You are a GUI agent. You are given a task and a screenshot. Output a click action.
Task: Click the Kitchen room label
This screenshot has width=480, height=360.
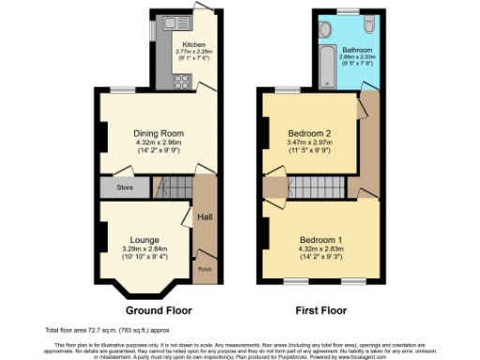[x=194, y=44]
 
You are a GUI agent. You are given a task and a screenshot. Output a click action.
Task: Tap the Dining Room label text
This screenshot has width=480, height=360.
[x=157, y=133]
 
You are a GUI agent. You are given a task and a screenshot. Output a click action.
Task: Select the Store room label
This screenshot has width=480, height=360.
[x=126, y=187]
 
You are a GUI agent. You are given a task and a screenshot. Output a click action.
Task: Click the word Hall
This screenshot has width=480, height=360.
[x=204, y=217]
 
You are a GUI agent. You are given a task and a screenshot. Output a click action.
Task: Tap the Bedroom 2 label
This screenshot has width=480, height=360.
[x=310, y=132]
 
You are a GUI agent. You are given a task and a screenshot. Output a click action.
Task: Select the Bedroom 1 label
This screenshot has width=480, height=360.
[x=322, y=238]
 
